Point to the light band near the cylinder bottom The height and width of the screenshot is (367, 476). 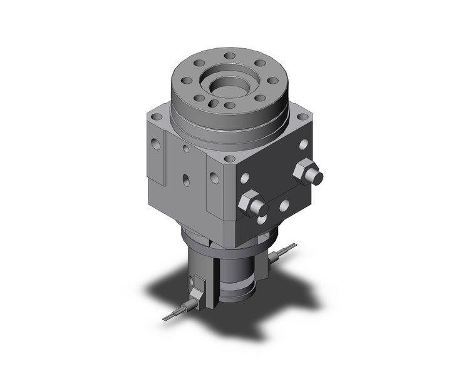pos(237,289)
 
